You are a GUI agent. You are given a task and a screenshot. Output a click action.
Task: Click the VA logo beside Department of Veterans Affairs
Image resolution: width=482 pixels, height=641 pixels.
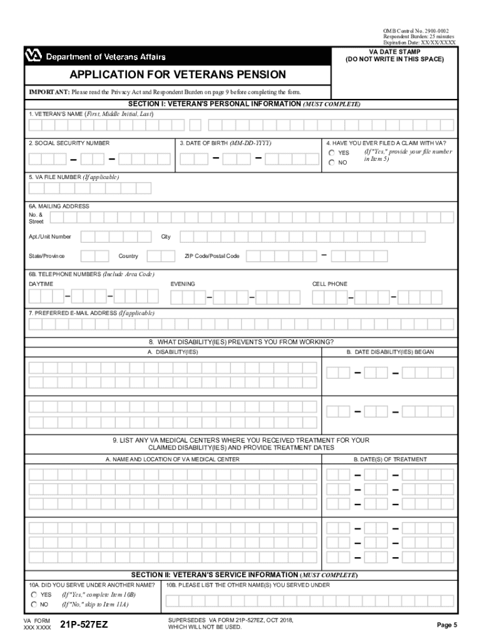(33, 57)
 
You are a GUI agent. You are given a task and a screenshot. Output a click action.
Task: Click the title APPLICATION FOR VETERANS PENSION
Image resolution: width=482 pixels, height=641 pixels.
(178, 75)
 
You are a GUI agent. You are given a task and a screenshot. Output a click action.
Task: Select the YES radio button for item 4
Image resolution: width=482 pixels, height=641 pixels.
(332, 153)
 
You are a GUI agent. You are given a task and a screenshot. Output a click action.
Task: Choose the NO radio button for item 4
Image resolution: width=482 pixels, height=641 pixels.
(332, 163)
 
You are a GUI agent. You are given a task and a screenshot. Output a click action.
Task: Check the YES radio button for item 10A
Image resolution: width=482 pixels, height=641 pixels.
(34, 594)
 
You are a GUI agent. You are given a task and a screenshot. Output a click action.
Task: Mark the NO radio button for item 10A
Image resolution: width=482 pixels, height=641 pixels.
(34, 605)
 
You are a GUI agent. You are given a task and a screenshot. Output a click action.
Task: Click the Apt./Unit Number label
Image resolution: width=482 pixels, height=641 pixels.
(50, 237)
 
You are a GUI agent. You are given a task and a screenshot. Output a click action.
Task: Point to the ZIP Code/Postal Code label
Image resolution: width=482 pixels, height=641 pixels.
(212, 256)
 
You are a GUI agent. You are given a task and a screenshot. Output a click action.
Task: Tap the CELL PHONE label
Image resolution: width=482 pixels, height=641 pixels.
(329, 284)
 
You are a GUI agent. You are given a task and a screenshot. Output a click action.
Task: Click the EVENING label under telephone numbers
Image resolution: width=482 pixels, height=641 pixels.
(183, 284)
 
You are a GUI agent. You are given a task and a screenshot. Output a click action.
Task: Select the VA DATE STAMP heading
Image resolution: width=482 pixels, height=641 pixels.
(394, 51)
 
